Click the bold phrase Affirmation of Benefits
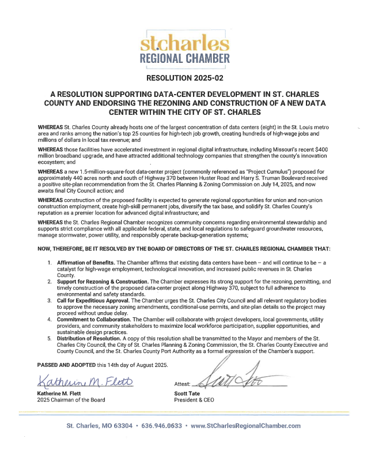[85, 263]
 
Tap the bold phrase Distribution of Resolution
[92, 339]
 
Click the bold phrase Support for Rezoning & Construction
[103, 282]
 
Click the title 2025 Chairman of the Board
[71, 400]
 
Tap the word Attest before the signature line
[181, 383]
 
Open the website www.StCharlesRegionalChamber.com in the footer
[245, 426]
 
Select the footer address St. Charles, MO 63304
[99, 426]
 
